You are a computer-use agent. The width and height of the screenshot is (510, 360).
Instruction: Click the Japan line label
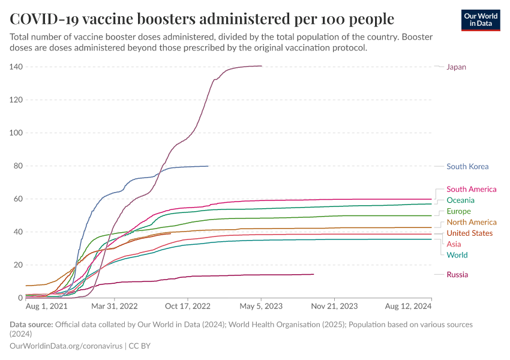pyautogui.click(x=456, y=67)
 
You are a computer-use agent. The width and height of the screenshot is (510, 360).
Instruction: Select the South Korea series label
pyautogui.click(x=467, y=167)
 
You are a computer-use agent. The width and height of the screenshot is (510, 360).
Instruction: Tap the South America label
pyautogui.click(x=471, y=190)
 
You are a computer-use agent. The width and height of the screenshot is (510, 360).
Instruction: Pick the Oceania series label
pyautogui.click(x=460, y=200)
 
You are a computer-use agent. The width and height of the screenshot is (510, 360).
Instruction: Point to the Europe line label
pyautogui.click(x=458, y=211)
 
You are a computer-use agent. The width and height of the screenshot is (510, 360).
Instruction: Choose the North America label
pyautogui.click(x=472, y=223)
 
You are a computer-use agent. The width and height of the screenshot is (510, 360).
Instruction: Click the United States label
pyautogui.click(x=470, y=233)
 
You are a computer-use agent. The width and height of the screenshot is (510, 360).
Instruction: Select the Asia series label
pyautogui.click(x=454, y=244)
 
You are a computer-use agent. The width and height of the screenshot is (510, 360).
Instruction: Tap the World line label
pyautogui.click(x=457, y=255)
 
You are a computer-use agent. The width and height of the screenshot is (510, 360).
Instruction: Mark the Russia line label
pyautogui.click(x=457, y=275)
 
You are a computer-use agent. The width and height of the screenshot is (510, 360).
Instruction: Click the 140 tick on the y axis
pyautogui.click(x=16, y=67)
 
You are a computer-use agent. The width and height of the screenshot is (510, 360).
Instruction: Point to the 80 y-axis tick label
pyautogui.click(x=18, y=166)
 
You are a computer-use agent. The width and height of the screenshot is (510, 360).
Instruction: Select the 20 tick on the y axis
pyautogui.click(x=18, y=265)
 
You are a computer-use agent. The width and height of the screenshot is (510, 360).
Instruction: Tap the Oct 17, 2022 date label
pyautogui.click(x=188, y=306)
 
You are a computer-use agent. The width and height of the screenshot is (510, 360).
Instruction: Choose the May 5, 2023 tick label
pyautogui.click(x=262, y=306)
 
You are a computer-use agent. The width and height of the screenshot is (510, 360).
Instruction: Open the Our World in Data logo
pyautogui.click(x=480, y=20)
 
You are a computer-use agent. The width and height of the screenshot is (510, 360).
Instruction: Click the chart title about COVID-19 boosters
pyautogui.click(x=202, y=19)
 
